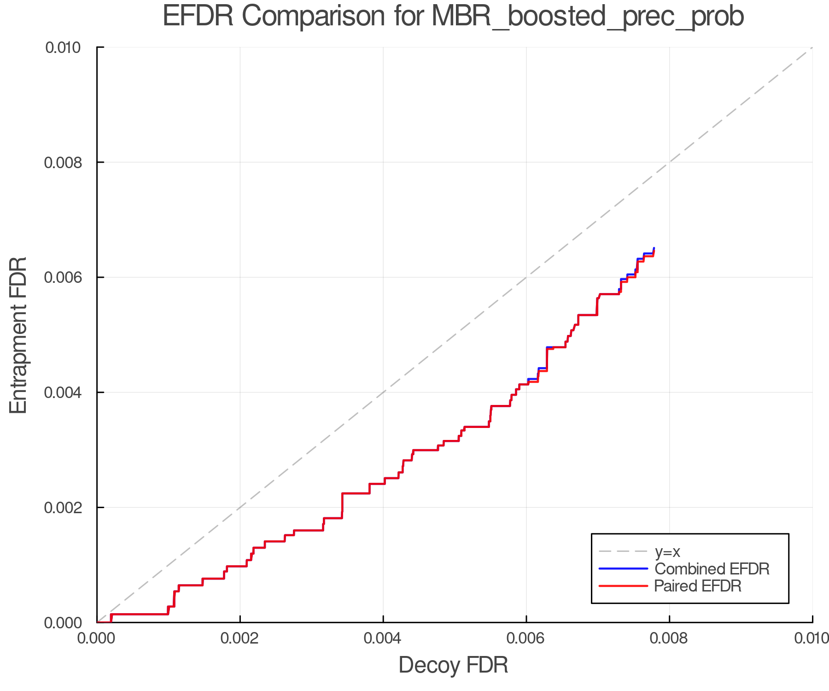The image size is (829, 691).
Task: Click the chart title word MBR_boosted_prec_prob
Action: click(588, 17)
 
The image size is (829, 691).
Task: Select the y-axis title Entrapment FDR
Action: click(18, 335)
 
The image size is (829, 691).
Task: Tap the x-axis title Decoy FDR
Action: click(453, 665)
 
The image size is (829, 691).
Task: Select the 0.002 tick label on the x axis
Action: click(240, 638)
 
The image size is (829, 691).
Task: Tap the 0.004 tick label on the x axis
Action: click(383, 638)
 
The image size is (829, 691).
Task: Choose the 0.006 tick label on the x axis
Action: click(526, 638)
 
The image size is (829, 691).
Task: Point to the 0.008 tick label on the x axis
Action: click(669, 638)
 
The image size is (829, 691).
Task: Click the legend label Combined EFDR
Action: click(712, 569)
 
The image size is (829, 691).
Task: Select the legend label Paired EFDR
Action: click(698, 586)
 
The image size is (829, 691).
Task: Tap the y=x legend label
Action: click(667, 551)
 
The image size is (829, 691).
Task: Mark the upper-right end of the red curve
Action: click(654, 251)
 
